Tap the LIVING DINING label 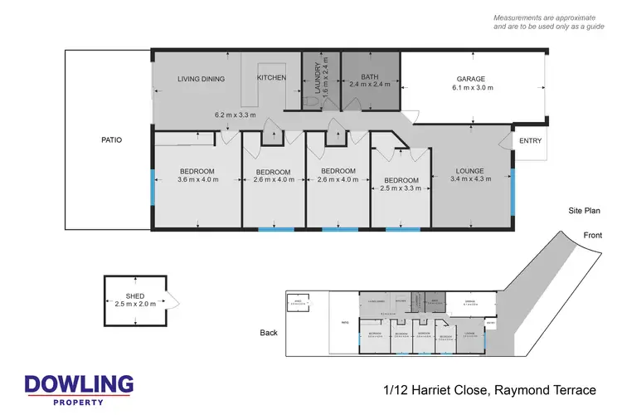(202, 79)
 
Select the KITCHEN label (271, 78)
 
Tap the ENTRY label (530, 141)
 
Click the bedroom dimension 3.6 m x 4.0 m (197, 178)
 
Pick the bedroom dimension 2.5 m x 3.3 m (401, 188)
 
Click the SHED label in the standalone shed (135, 295)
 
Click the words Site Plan (584, 212)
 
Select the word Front (592, 235)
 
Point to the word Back (268, 332)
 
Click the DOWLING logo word (79, 384)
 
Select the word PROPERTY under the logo (79, 402)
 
